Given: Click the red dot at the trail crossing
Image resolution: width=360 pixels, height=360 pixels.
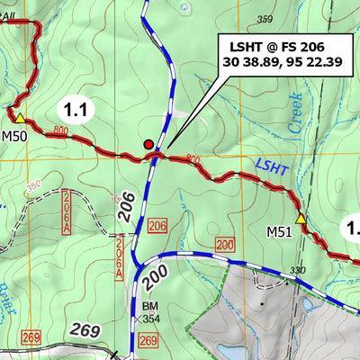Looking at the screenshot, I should click(x=148, y=143).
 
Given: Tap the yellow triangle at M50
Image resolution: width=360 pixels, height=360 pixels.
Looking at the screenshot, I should click(x=19, y=117).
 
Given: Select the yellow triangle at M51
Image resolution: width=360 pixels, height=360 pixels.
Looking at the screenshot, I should click(x=301, y=219).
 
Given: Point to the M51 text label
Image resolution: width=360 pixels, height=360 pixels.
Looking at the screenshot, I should click(x=280, y=232).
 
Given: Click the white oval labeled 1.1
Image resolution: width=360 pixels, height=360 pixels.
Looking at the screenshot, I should click(x=76, y=111).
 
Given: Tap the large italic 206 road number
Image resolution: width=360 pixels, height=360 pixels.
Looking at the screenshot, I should click(x=127, y=206).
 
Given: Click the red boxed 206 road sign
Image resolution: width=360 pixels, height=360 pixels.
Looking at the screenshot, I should click(x=158, y=225).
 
